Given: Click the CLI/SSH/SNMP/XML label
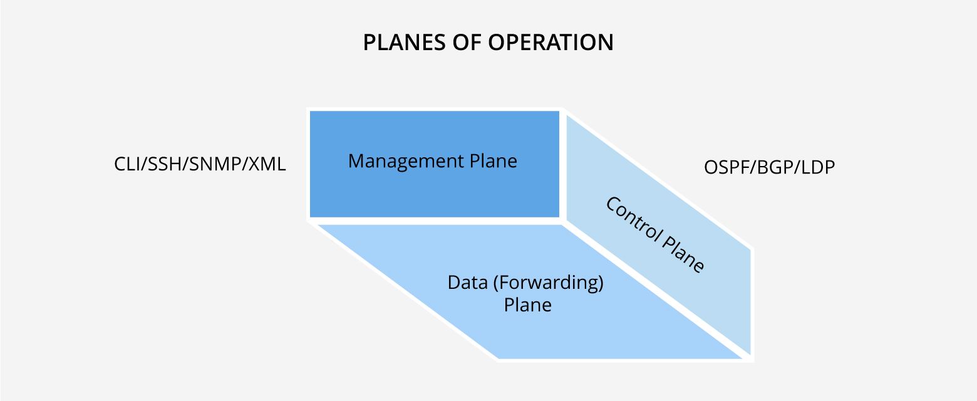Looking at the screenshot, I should [x=200, y=164].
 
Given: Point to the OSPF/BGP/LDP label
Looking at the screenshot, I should [x=770, y=167].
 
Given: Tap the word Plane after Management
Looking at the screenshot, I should [x=494, y=162].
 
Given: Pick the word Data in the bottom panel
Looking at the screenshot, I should [x=468, y=283].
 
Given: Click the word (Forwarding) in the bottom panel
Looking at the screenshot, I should [x=548, y=283].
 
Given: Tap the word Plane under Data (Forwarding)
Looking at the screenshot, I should [x=528, y=305].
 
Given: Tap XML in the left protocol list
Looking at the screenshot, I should [x=267, y=164].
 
